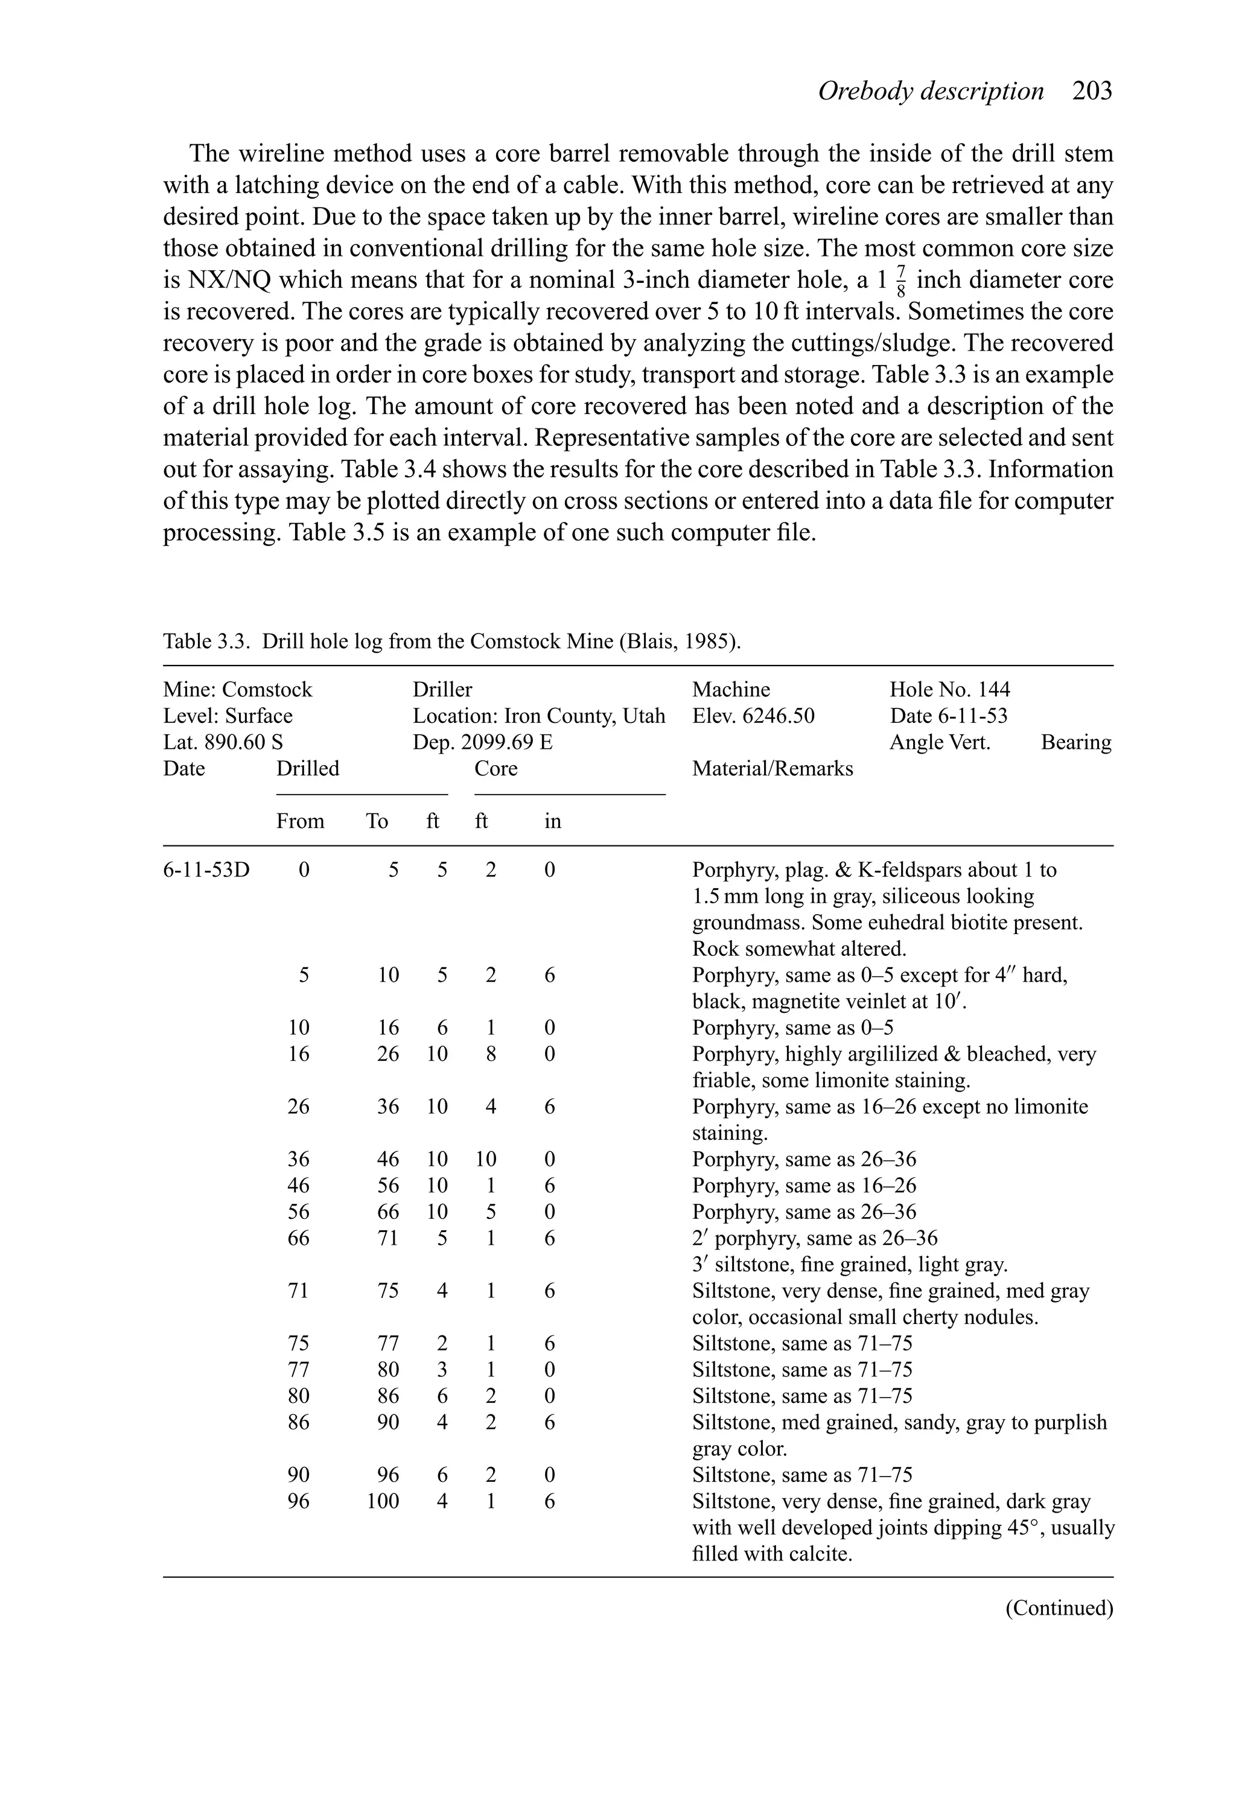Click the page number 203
[x=1092, y=91]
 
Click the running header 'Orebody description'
[x=931, y=91]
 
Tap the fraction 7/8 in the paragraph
[x=901, y=281]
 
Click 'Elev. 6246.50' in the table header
[x=753, y=716]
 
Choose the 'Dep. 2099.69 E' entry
[x=482, y=742]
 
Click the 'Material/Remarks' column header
[x=772, y=769]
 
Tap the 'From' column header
[x=300, y=821]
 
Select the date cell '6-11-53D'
[x=206, y=870]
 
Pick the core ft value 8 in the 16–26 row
[x=491, y=1055]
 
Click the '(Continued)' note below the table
[x=1059, y=1608]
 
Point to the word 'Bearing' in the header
[x=1076, y=742]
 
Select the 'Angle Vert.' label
[x=939, y=742]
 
